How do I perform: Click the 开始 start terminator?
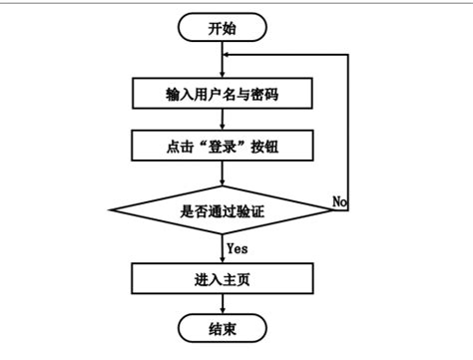pyautogui.click(x=224, y=28)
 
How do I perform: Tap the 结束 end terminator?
pyautogui.click(x=224, y=327)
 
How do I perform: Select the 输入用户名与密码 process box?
pyautogui.click(x=224, y=95)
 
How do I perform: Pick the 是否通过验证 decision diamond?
pyautogui.click(x=224, y=211)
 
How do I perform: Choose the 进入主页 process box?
pyautogui.click(x=224, y=279)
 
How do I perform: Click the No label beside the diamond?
pyautogui.click(x=339, y=201)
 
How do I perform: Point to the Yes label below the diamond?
pyautogui.click(x=237, y=246)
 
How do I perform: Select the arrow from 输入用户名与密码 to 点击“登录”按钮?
pyautogui.click(x=224, y=121)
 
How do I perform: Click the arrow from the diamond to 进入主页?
pyautogui.click(x=224, y=248)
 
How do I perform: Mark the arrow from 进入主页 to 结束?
pyautogui.click(x=224, y=303)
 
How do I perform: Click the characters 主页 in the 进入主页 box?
pyautogui.click(x=236, y=279)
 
